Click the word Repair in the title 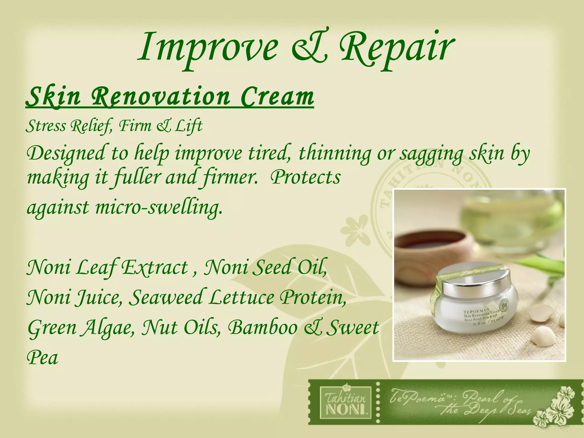tap(396, 48)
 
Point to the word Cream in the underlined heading tap(277, 97)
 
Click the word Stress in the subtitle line tap(46, 126)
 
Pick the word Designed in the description tap(66, 153)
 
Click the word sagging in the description tap(431, 154)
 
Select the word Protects tap(305, 177)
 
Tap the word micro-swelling tap(159, 207)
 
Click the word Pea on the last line tap(42, 358)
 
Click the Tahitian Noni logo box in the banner tap(345, 402)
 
